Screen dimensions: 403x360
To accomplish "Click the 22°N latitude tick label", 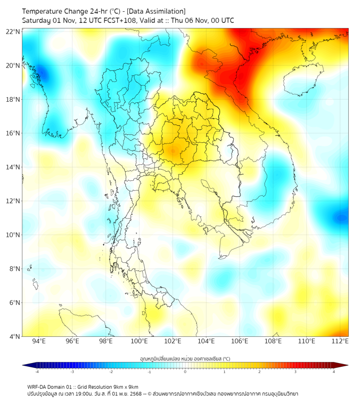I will click(13, 32).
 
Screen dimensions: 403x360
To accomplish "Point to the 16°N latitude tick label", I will click(13, 133).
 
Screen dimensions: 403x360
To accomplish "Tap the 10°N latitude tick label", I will click(13, 235).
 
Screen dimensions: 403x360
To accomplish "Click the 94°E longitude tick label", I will click(39, 341).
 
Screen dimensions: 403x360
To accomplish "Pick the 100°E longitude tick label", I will click(139, 341).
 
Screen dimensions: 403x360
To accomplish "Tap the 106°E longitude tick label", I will click(240, 341).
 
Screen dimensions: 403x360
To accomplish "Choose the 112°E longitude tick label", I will click(340, 341).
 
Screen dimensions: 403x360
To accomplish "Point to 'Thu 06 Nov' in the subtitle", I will click(184, 20).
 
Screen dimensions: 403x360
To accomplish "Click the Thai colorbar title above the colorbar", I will click(185, 358).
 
